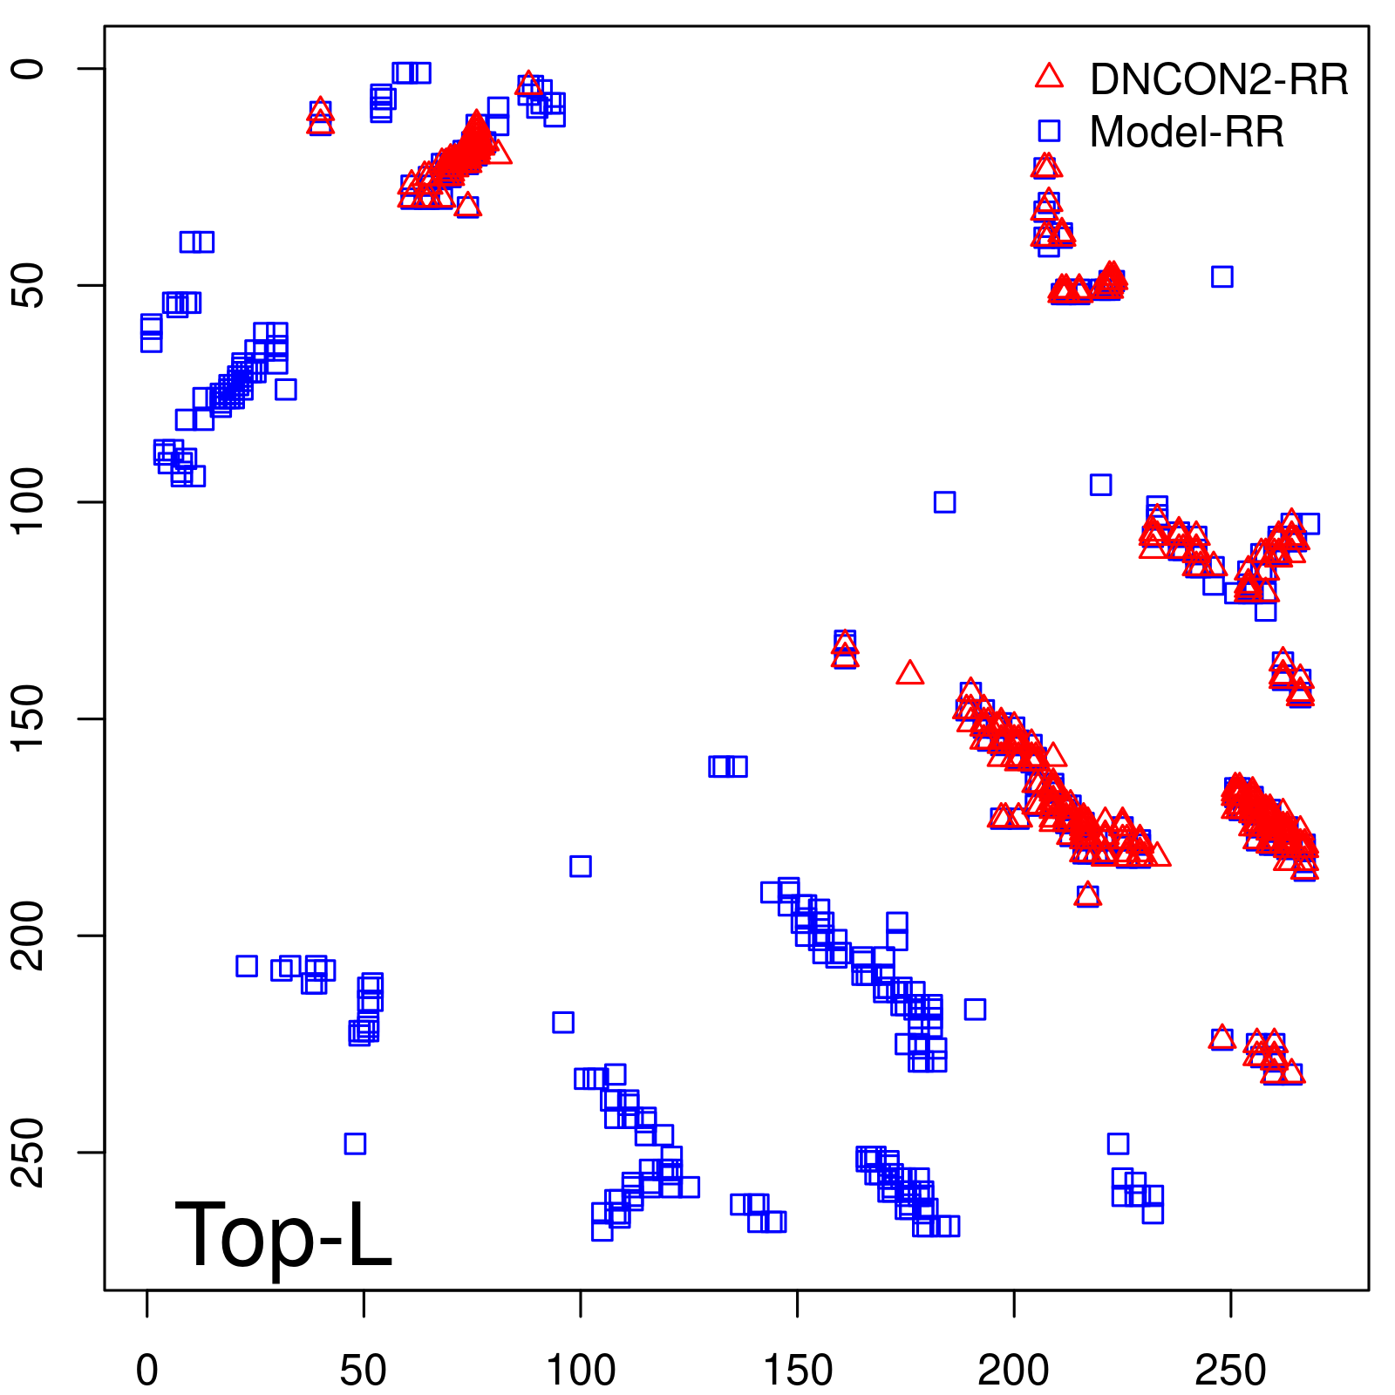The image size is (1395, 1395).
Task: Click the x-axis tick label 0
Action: tap(146, 1371)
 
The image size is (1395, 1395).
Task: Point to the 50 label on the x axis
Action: tap(363, 1371)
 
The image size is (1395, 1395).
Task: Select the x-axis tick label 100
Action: tap(580, 1371)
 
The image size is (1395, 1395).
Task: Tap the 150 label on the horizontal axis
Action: tap(797, 1371)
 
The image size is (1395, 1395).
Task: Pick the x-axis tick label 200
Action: tap(1013, 1371)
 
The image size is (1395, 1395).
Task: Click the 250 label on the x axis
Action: tap(1230, 1371)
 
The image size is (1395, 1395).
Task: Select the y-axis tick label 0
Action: tap(30, 69)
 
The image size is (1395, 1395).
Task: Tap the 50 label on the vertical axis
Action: tap(30, 285)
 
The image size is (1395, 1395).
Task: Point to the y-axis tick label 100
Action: tap(30, 502)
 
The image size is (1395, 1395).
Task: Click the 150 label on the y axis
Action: tap(30, 718)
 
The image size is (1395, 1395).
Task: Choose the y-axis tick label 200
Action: tap(30, 936)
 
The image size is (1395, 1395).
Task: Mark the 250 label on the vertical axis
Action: tap(30, 1152)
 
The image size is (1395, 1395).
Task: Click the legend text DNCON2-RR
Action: tap(1219, 80)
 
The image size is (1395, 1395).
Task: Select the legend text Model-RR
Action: tap(1187, 133)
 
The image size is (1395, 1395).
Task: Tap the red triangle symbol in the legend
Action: tap(1049, 77)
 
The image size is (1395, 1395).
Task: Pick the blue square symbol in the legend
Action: tap(1049, 131)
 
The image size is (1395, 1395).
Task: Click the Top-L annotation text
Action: tap(283, 1235)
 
